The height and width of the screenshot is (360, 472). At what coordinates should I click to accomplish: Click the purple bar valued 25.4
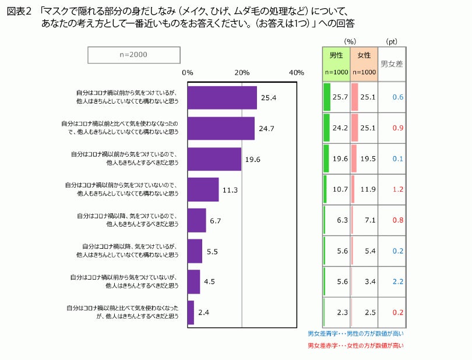pyautogui.click(x=222, y=98)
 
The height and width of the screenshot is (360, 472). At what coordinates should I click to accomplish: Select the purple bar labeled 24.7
pyautogui.click(x=221, y=128)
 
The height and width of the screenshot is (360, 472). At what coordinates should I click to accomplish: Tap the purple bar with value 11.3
pyautogui.click(x=203, y=189)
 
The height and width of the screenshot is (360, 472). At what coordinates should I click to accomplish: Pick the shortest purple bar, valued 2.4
pyautogui.click(x=191, y=312)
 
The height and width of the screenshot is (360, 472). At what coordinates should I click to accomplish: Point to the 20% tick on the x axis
pyautogui.click(x=242, y=72)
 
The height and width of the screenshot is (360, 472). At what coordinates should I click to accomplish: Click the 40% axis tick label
pyautogui.click(x=296, y=72)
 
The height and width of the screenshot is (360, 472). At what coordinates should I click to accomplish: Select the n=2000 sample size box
pyautogui.click(x=133, y=55)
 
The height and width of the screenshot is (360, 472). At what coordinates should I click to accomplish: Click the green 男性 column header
pyautogui.click(x=336, y=56)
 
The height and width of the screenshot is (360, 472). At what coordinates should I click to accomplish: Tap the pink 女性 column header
pyautogui.click(x=364, y=56)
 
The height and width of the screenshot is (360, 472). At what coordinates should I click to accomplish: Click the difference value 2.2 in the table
pyautogui.click(x=398, y=281)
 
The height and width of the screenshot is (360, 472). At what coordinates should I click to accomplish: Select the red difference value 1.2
pyautogui.click(x=398, y=189)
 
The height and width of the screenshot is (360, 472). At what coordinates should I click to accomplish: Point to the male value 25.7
pyautogui.click(x=340, y=97)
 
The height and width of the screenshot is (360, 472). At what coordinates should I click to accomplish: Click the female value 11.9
pyautogui.click(x=368, y=189)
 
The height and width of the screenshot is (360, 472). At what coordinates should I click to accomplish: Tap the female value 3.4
pyautogui.click(x=368, y=281)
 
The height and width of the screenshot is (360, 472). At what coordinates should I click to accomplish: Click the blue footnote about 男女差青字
pyautogui.click(x=355, y=334)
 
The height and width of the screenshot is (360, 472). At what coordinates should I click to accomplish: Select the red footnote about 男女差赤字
pyautogui.click(x=355, y=345)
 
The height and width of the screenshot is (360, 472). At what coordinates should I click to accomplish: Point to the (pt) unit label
pyautogui.click(x=392, y=41)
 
